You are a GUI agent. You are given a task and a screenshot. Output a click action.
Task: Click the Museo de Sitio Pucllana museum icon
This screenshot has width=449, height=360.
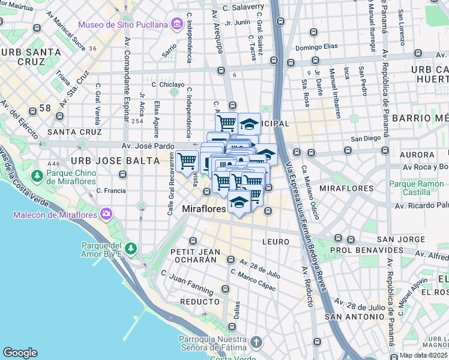click(176, 25)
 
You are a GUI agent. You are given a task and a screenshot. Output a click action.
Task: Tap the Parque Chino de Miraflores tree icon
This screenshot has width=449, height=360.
click(37, 175)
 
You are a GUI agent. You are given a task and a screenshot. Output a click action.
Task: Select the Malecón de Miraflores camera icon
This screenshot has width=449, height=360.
click(106, 213)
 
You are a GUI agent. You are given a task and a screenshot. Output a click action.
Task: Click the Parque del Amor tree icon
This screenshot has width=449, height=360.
click(130, 248)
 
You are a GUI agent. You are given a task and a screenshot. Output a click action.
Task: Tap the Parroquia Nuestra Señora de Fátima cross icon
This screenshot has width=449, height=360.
click(256, 343)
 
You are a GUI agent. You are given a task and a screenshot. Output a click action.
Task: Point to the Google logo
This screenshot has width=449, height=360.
click(20, 353)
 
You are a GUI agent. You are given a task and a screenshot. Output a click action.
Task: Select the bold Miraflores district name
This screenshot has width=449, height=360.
click(203, 209)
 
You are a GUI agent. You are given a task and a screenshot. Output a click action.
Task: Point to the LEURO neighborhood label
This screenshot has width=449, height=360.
click(276, 241)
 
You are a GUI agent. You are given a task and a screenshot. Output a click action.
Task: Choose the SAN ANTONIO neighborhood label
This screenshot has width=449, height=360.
click(354, 316)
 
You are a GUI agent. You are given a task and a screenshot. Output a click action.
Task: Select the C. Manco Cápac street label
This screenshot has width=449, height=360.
click(253, 280)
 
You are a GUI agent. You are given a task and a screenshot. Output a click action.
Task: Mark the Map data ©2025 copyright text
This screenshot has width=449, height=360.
click(423, 355)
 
